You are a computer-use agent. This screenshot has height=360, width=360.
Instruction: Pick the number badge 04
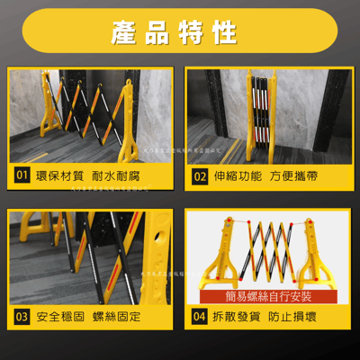click(x=200, y=317)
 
